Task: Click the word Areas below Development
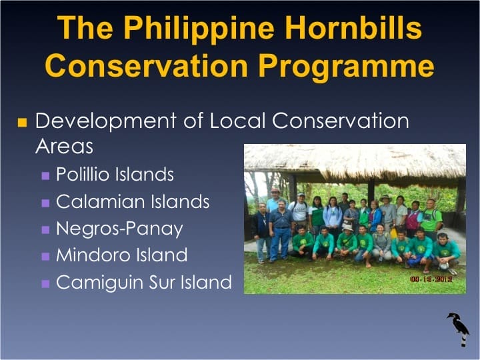pyautogui.click(x=64, y=147)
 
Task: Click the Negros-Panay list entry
pyautogui.click(x=119, y=229)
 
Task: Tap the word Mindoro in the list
pyautogui.click(x=93, y=255)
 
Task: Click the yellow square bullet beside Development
pyautogui.click(x=22, y=123)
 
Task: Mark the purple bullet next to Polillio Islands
pyautogui.click(x=45, y=176)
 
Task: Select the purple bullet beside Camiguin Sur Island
pyautogui.click(x=45, y=283)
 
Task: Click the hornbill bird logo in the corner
pyautogui.click(x=459, y=328)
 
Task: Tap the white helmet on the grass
pyautogui.click(x=444, y=265)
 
